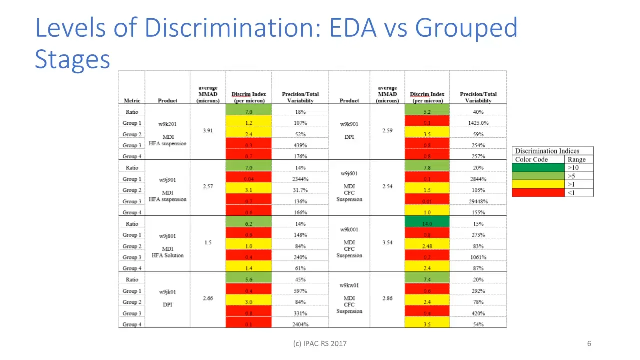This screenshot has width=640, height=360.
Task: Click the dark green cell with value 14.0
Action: point(427,224)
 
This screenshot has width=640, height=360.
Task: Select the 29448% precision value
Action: point(478,201)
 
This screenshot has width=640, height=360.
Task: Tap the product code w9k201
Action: point(167,124)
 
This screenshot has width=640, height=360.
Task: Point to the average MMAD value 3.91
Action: point(208,130)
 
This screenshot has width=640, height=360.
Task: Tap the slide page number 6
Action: point(589,343)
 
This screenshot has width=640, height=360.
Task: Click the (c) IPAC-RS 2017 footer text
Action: point(319,343)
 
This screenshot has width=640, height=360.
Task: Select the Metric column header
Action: point(132,100)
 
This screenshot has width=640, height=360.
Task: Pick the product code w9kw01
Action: point(349,286)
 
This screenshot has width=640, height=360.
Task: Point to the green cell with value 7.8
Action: point(427,168)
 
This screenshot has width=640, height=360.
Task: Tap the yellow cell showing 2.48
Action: point(427,246)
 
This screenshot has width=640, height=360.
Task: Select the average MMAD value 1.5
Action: point(208,242)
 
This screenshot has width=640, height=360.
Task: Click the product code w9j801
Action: point(167,236)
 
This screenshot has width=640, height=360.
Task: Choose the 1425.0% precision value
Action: point(478,123)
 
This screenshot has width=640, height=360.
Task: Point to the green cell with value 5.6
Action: point(248,280)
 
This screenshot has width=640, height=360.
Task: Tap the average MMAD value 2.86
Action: point(387,298)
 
